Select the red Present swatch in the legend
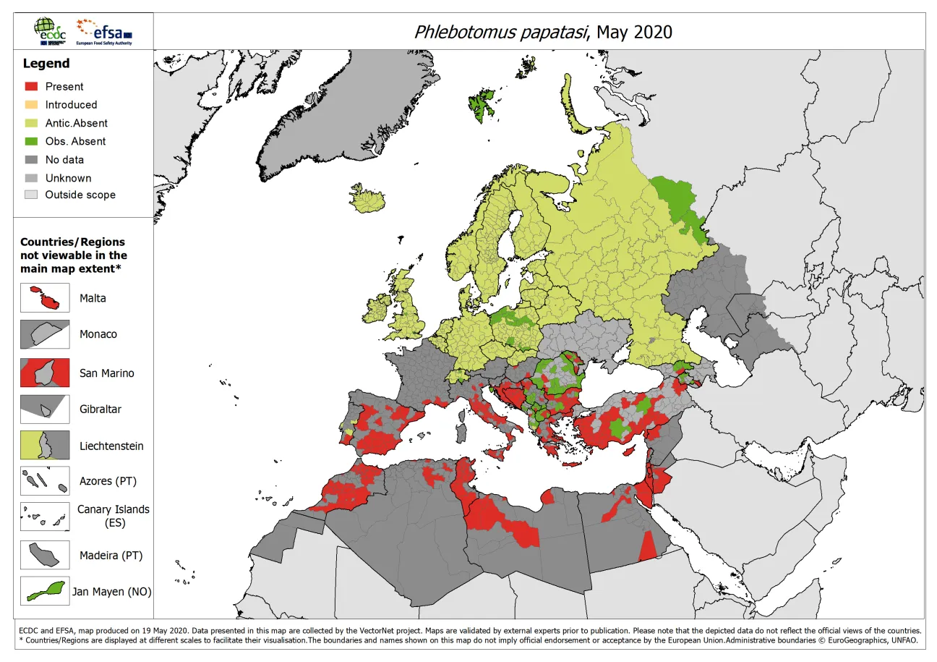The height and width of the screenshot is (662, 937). click(x=30, y=87)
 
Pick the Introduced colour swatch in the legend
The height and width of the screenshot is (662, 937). click(x=30, y=105)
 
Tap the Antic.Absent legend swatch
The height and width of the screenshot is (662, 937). click(x=30, y=123)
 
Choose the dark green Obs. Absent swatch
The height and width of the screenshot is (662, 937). click(x=30, y=141)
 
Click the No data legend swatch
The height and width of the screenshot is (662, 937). click(x=30, y=159)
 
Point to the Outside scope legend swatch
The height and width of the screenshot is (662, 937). click(x=30, y=195)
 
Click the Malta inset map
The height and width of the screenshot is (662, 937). click(x=45, y=298)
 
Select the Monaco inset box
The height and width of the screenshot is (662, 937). click(x=45, y=334)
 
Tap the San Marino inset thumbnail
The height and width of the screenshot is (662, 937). click(x=45, y=373)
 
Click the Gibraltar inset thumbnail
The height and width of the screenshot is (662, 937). click(x=45, y=409)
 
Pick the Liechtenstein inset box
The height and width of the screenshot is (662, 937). click(x=45, y=445)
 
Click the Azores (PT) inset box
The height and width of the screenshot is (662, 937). click(x=45, y=480)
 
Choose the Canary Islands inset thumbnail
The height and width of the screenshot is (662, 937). click(x=45, y=517)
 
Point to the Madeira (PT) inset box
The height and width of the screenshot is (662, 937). click(x=45, y=555)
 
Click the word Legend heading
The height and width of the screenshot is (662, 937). click(x=46, y=64)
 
